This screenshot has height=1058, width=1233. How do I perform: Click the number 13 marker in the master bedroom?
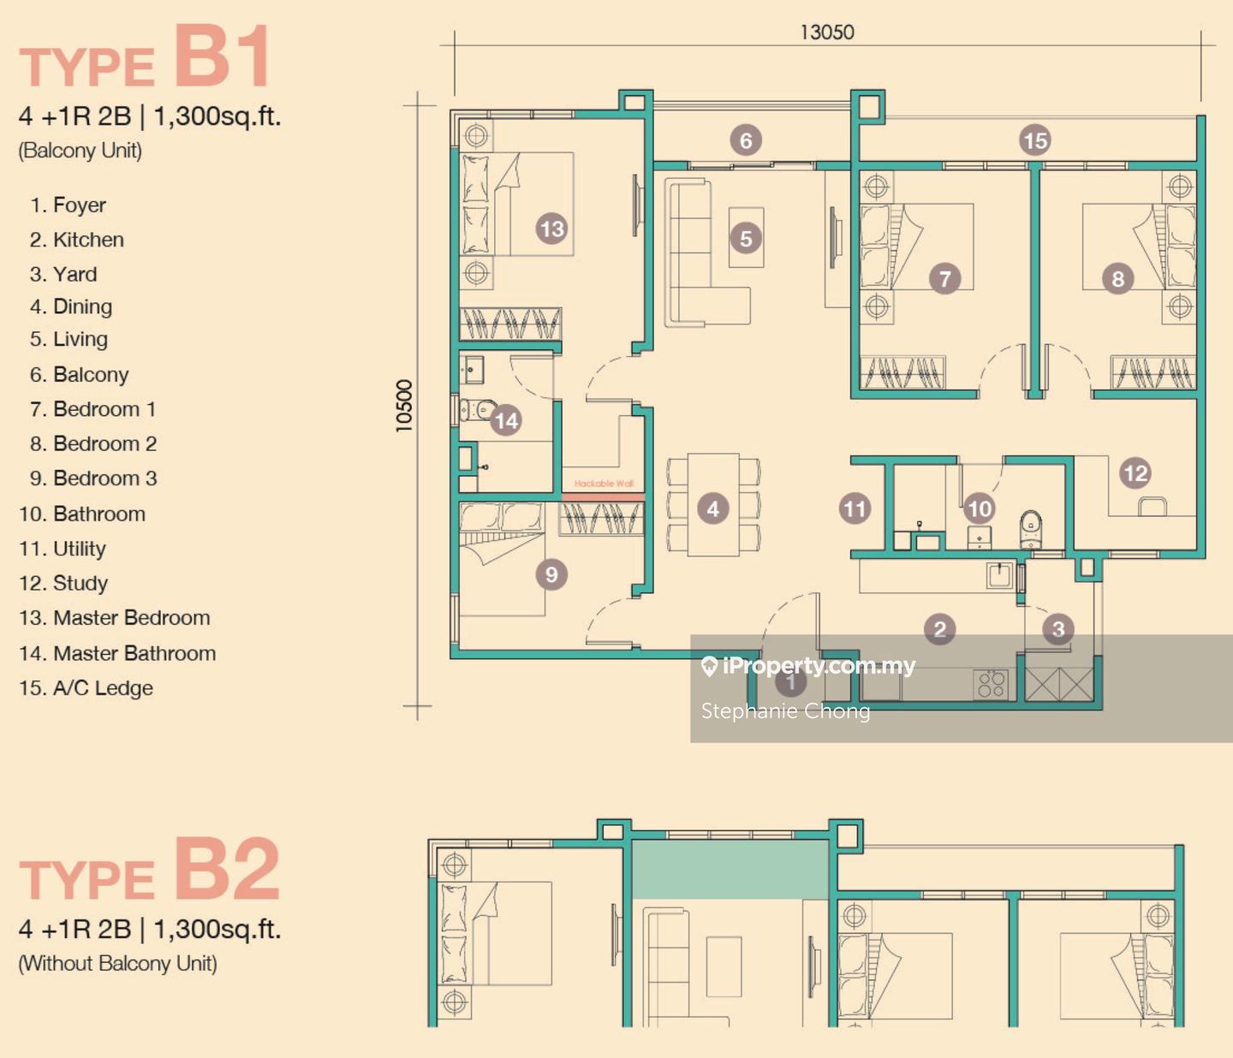[551, 229]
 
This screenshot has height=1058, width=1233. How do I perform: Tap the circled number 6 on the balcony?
[746, 140]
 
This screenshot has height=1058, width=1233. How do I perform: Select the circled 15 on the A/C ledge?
[1034, 140]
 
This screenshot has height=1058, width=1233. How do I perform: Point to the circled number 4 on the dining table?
[713, 508]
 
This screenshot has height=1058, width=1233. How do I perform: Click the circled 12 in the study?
[1135, 473]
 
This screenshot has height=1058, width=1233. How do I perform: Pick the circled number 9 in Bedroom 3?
[551, 574]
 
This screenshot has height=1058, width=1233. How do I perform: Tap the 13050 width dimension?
[827, 33]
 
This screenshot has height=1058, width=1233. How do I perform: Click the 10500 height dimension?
[404, 406]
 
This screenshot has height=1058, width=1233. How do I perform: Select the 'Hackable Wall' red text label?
[604, 483]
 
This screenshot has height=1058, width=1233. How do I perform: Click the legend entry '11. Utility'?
[63, 548]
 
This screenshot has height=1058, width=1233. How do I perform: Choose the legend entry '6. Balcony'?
[80, 375]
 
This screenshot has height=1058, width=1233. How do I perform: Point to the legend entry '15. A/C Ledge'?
[86, 687]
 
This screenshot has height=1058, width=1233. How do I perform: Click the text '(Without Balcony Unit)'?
[117, 963]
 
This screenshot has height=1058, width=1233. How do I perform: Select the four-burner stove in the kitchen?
[990, 683]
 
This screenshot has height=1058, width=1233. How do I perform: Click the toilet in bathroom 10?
[1031, 529]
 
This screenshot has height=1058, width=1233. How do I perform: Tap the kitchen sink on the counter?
[1000, 575]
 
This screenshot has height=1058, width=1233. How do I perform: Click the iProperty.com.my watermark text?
[808, 666]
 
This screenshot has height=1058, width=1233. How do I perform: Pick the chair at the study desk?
[1153, 506]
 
